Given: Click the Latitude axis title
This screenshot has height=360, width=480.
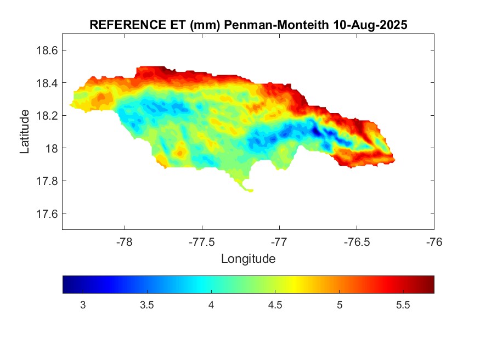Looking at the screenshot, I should [x=25, y=132].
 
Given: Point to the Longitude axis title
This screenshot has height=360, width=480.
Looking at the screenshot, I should [x=248, y=258].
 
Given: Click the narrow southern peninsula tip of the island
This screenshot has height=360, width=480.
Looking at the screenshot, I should [x=250, y=190].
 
